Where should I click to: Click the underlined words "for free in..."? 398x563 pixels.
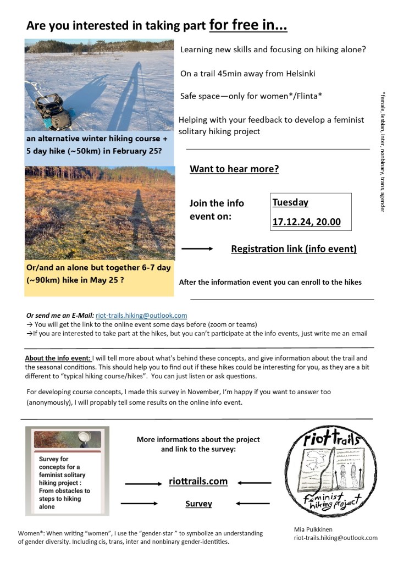point(248,25)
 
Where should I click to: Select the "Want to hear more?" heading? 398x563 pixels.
point(234,169)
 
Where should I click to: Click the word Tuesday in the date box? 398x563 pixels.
point(290,202)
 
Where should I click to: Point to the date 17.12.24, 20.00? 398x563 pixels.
point(306,222)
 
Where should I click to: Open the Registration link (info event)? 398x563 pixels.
point(294,249)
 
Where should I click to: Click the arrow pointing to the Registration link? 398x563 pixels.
point(197,249)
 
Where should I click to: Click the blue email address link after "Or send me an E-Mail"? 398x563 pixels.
point(141,316)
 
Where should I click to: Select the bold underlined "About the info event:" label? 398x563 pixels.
point(58,358)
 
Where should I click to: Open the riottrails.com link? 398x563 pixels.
point(198,481)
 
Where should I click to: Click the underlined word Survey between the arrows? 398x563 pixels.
point(198,503)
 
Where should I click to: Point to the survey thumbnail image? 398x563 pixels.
point(68,471)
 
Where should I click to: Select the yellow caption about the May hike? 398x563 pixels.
point(99,273)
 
